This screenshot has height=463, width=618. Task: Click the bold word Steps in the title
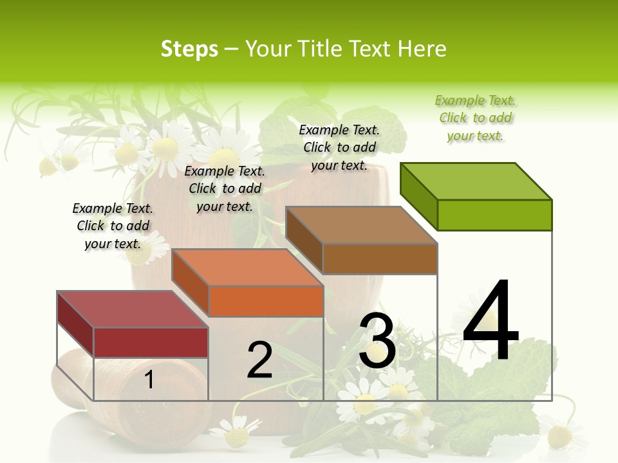pyautogui.click(x=189, y=49)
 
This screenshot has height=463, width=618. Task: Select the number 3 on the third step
pyautogui.click(x=377, y=341)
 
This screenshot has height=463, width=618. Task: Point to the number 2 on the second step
pyautogui.click(x=260, y=360)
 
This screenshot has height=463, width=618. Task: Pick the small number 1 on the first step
pyautogui.click(x=149, y=379)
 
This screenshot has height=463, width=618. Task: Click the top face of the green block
pyautogui.click(x=476, y=181)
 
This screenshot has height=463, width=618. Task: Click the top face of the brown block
pyautogui.click(x=362, y=225)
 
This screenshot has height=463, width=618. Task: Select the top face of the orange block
pyautogui.click(x=247, y=268)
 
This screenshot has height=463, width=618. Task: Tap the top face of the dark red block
pyautogui.click(x=133, y=309)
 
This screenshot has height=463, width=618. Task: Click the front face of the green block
pyautogui.click(x=494, y=215)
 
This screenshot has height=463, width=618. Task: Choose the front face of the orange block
pyautogui.click(x=266, y=301)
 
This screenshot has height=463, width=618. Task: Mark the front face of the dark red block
pyautogui.click(x=151, y=342)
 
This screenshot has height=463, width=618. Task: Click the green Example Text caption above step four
pyautogui.click(x=475, y=118)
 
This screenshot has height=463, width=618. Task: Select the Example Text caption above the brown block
pyautogui.click(x=340, y=147)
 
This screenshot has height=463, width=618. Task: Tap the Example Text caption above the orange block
pyautogui.click(x=225, y=188)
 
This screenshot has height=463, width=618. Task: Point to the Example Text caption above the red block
pyautogui.click(x=113, y=226)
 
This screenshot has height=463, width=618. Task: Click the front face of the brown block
pyautogui.click(x=380, y=259)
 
